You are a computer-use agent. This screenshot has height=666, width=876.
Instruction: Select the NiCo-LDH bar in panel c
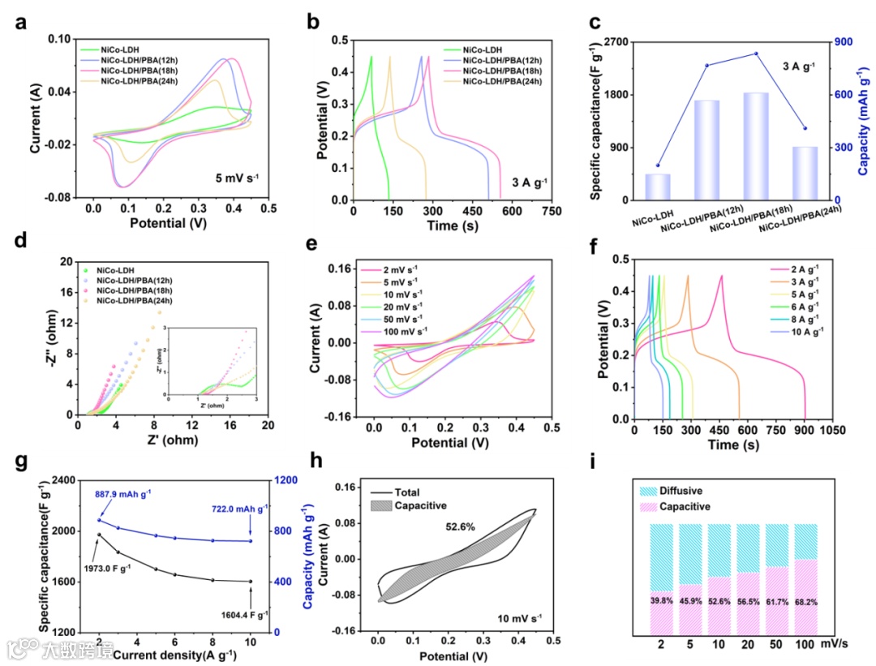(x=658, y=187)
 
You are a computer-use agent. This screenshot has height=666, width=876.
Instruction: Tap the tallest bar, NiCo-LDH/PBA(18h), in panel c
(x=745, y=146)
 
